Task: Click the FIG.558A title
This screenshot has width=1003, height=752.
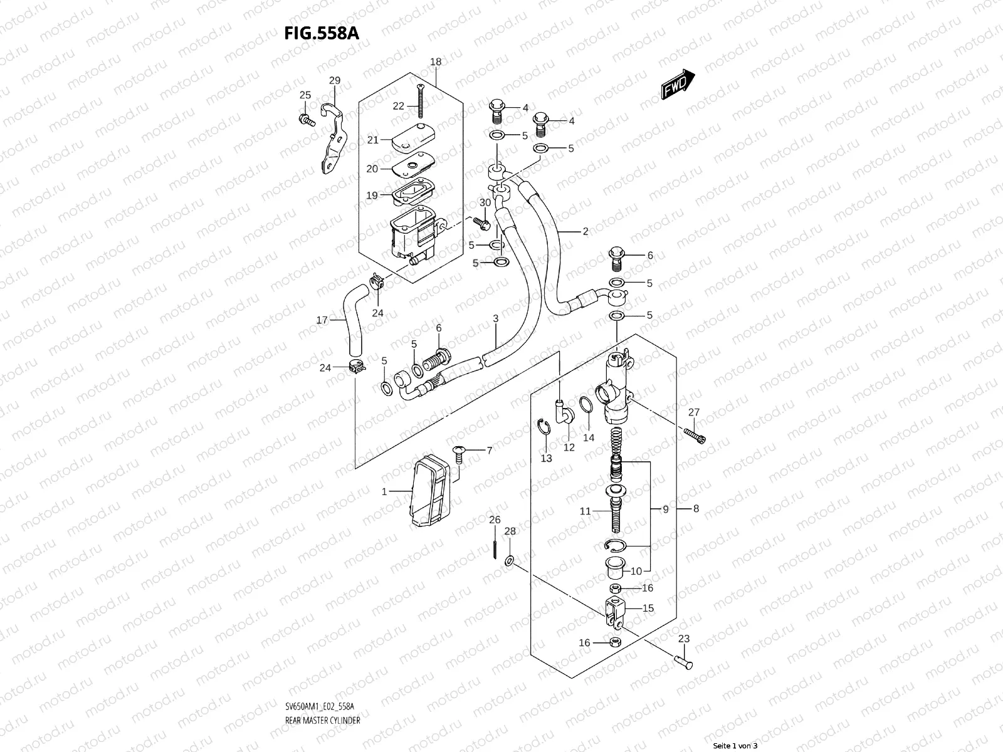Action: (x=321, y=33)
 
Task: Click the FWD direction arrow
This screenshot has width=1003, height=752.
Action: (x=678, y=84)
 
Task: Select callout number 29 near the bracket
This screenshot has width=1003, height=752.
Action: (x=335, y=80)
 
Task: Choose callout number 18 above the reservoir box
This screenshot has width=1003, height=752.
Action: (x=436, y=61)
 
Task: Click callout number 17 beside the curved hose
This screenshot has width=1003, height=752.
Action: (x=322, y=320)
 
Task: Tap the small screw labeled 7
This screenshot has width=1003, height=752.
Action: (x=458, y=452)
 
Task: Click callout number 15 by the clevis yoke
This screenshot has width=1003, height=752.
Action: (x=648, y=608)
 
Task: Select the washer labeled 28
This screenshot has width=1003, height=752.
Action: (x=510, y=559)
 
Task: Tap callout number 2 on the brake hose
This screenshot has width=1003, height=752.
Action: (x=586, y=231)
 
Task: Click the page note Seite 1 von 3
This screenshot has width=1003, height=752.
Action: (x=735, y=746)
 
